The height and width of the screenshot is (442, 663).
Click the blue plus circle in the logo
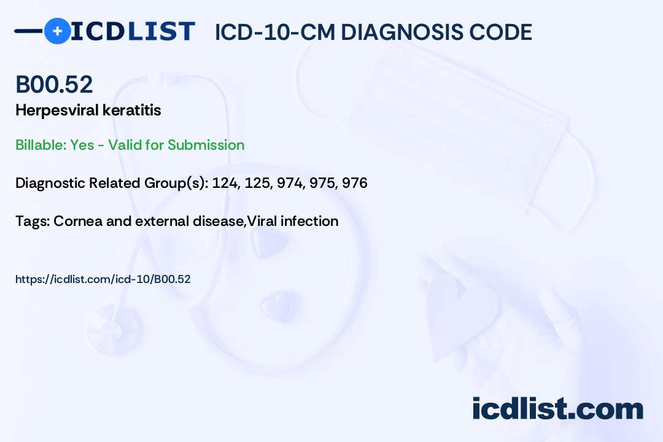pos(57,31)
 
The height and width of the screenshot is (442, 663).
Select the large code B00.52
pos(54,84)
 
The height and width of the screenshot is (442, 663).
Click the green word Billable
pos(41,145)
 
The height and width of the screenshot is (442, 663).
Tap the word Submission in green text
pos(206,145)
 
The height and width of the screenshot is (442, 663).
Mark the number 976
pos(355,183)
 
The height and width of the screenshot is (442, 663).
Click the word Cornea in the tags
pos(78,221)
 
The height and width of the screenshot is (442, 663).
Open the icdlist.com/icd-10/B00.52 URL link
pos(103,279)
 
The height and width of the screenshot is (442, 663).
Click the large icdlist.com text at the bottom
pos(557,408)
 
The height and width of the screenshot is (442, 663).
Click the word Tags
pos(33,221)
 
